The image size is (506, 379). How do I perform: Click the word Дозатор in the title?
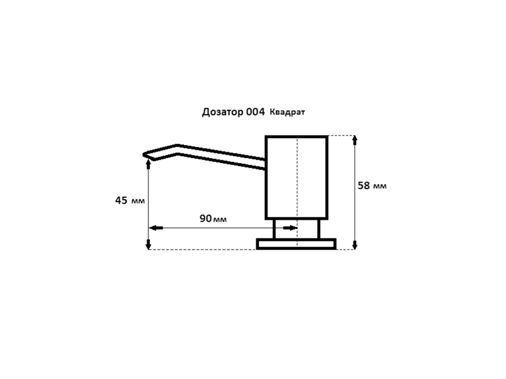(222, 112)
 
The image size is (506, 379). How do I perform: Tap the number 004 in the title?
(255, 112)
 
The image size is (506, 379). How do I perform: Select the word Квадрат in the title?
(287, 112)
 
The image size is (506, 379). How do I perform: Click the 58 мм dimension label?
(372, 186)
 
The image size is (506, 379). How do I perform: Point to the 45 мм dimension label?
(130, 200)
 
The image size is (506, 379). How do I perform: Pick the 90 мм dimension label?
(213, 219)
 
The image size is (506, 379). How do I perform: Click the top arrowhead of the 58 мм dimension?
(355, 140)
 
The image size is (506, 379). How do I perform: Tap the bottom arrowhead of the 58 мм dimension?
(355, 245)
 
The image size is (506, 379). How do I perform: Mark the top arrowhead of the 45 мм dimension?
(148, 164)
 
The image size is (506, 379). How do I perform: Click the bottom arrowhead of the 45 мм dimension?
(148, 245)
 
